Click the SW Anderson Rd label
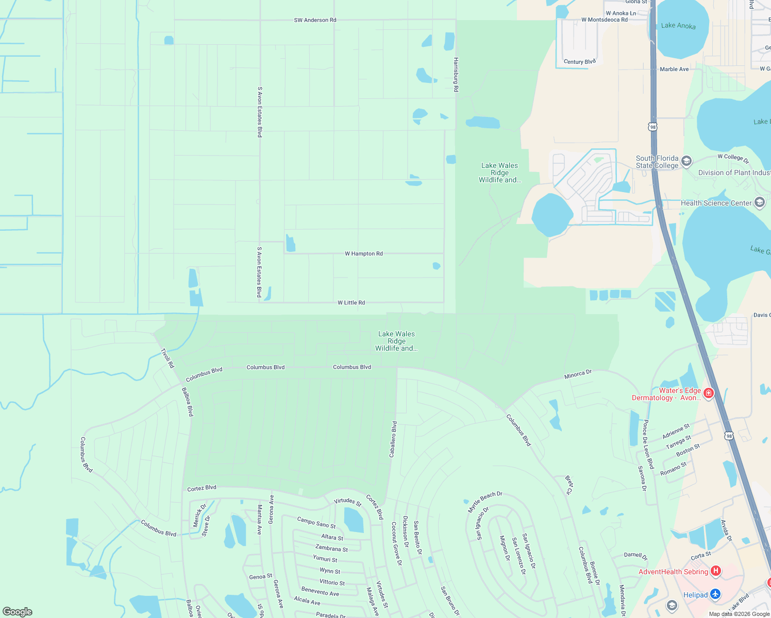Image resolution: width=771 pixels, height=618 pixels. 315,20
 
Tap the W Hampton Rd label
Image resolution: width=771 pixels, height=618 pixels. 363,254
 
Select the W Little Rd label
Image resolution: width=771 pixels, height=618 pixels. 351,303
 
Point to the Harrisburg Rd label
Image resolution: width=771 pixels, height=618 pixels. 456,75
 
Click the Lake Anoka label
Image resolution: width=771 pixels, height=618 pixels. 678,26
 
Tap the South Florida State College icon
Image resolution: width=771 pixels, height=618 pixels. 686,161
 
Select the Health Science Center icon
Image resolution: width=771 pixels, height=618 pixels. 760,202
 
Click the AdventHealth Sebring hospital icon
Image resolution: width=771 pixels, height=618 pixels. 715,571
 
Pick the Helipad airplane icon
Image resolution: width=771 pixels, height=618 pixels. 715,594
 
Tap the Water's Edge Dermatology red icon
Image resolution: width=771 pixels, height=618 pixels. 709,393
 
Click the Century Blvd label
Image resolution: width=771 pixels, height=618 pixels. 580,62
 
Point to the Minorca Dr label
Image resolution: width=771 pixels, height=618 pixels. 578,374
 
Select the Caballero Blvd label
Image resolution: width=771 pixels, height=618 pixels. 393,439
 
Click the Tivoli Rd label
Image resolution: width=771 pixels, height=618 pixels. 167,358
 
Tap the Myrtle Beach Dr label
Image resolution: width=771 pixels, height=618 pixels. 484,502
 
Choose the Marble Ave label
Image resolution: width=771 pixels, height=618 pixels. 674,69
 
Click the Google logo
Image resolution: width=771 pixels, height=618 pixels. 17,612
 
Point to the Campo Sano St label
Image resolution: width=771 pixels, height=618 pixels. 316,523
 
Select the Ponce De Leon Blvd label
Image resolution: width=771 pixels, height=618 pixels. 647,444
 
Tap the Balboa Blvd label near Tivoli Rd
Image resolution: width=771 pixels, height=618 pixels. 188,402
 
